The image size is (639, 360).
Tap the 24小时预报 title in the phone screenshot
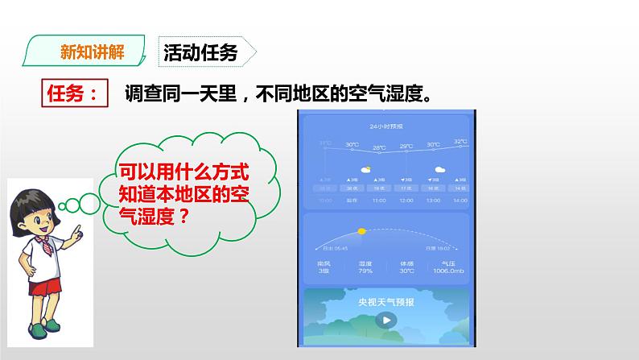384,127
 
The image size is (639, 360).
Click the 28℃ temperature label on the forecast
379,148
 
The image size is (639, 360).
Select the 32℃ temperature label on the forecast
460,142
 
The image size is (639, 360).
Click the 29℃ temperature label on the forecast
406,147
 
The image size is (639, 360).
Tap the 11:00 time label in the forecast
379,200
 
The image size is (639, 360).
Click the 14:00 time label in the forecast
460,200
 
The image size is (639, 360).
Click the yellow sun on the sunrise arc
361,231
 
